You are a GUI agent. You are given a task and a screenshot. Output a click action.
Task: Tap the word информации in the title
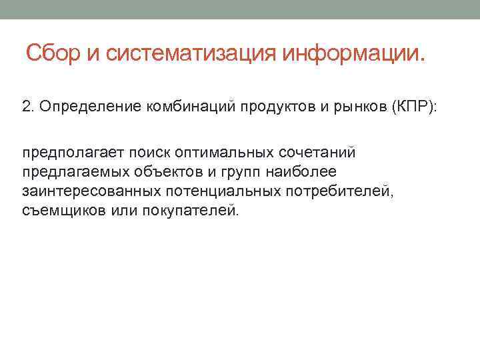(x=347, y=53)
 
